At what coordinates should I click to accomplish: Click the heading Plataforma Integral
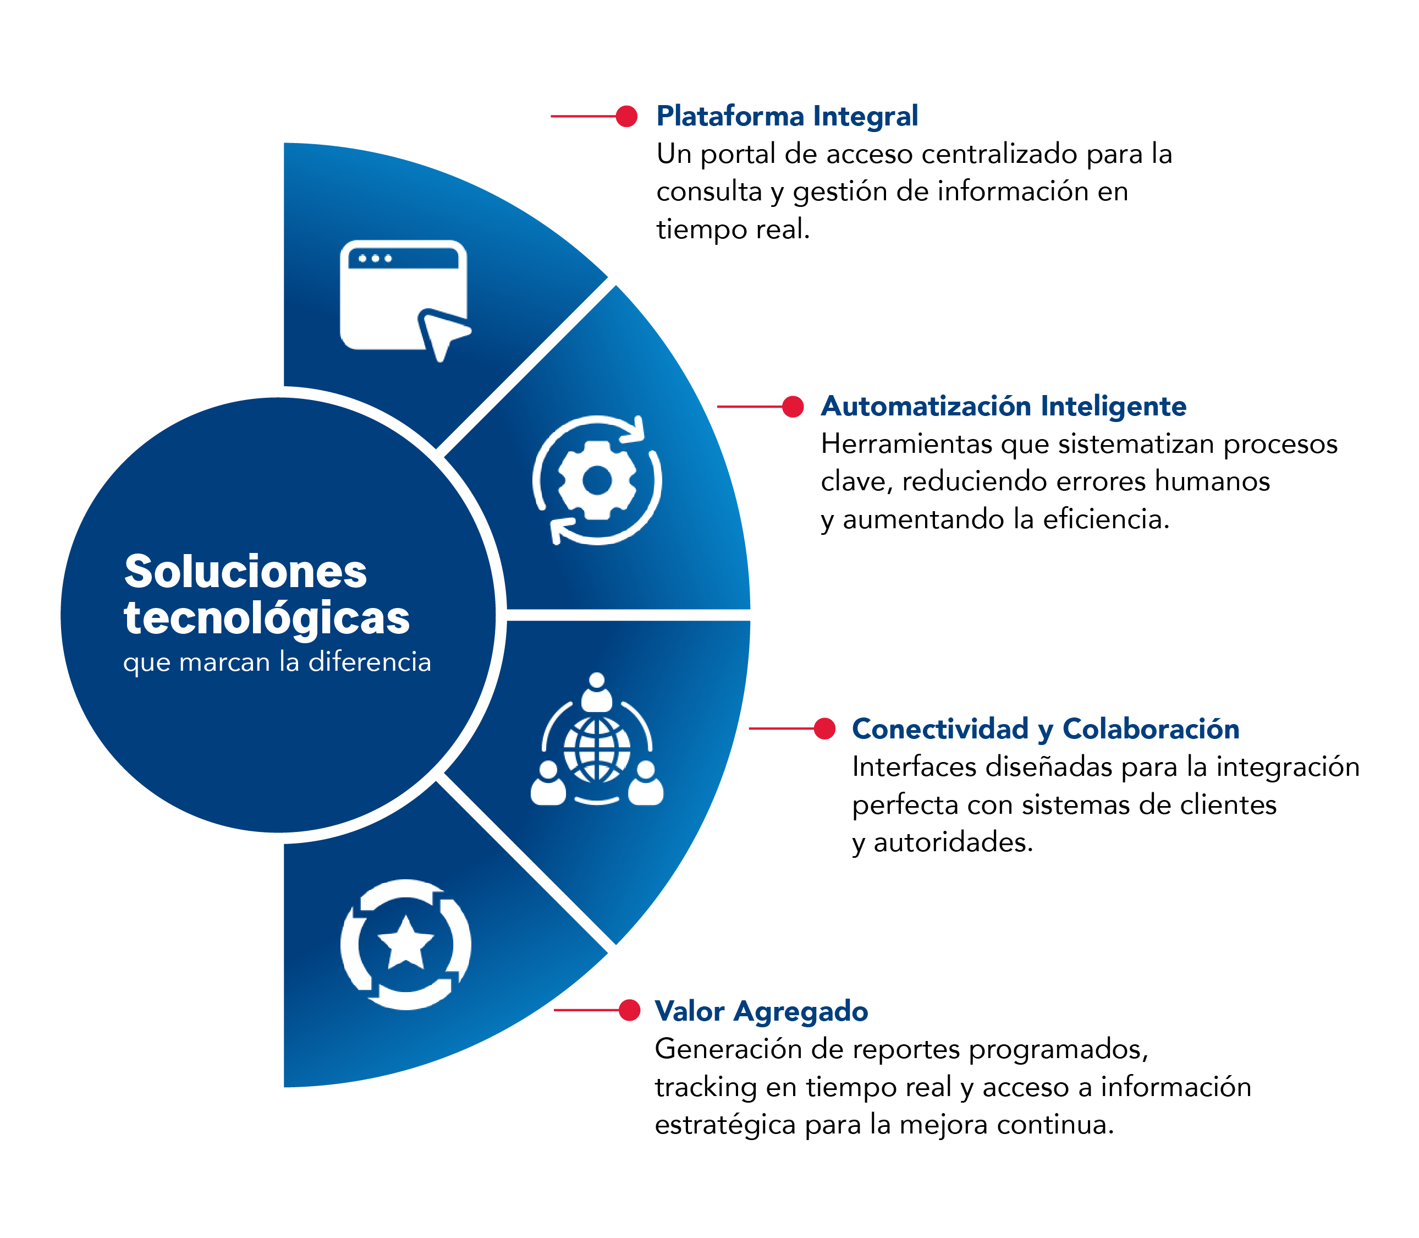tap(787, 116)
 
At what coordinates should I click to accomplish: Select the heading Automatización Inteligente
tap(1003, 406)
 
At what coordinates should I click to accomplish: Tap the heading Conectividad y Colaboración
tap(1045, 729)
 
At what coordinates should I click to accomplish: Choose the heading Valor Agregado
tap(761, 1011)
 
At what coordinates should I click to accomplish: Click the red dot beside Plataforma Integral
tap(626, 116)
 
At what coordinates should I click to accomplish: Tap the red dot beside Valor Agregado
tap(629, 1010)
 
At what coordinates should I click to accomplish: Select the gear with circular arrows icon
tap(597, 480)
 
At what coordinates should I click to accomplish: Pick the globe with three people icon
tap(597, 743)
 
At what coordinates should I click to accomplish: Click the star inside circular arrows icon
tap(406, 944)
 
